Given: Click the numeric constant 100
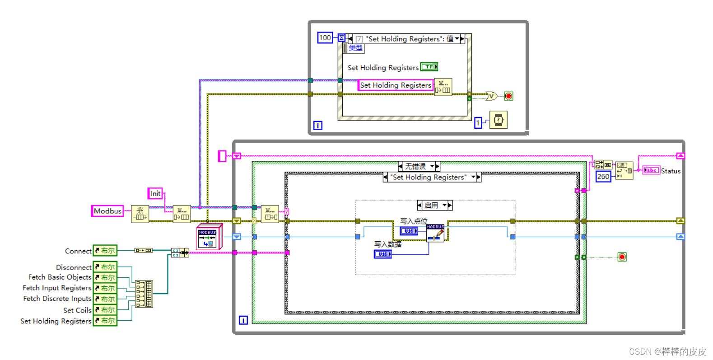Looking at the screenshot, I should (x=325, y=38).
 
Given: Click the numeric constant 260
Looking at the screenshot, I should (x=603, y=177).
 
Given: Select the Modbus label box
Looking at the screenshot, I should (x=107, y=211).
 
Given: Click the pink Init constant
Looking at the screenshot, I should (x=155, y=193).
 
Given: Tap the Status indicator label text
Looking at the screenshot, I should (x=671, y=171).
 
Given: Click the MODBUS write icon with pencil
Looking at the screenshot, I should (x=435, y=233).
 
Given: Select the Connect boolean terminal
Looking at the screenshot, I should (x=105, y=251).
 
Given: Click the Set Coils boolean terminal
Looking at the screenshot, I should (x=105, y=310).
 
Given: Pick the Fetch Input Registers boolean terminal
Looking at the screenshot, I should (x=105, y=288).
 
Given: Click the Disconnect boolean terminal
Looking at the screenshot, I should (x=105, y=267).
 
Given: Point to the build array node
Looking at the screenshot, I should (x=144, y=294).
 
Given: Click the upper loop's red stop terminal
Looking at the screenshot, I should (x=508, y=96).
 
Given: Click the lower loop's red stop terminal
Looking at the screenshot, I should (x=622, y=257).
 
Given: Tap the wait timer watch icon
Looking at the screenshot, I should (x=498, y=120).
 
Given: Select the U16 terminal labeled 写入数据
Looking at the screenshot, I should (x=382, y=254).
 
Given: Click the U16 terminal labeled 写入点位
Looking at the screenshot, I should (x=409, y=231).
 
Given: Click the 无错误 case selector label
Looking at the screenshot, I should (x=416, y=166).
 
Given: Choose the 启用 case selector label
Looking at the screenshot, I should (x=431, y=205).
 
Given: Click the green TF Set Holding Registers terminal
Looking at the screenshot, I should (x=429, y=67).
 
